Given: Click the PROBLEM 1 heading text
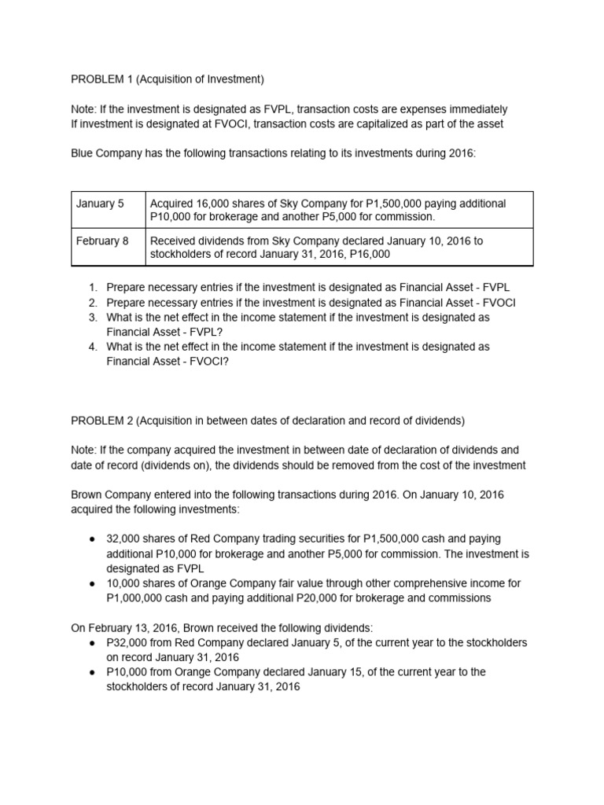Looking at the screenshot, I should tap(167, 79).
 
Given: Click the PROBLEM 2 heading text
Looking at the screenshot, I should tap(267, 421).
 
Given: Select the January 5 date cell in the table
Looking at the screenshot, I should tap(100, 204).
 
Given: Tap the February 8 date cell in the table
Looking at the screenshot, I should tap(102, 241).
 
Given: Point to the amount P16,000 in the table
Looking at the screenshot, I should tap(368, 255).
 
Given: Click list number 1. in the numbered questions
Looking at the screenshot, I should tap(92, 289).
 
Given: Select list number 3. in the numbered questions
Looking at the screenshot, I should tap(92, 317).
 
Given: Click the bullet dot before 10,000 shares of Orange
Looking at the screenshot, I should tap(93, 583).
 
